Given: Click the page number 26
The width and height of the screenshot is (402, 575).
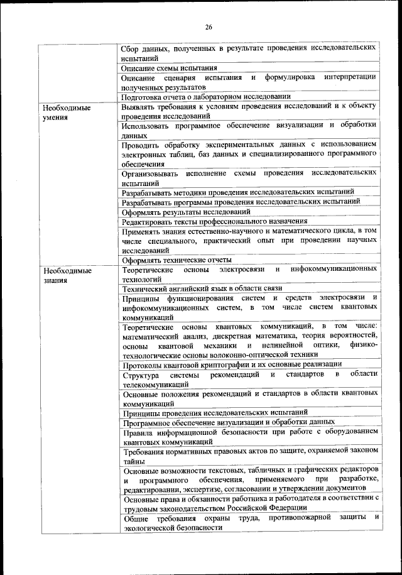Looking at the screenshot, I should pyautogui.click(x=208, y=26).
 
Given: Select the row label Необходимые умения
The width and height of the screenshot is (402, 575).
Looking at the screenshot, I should pyautogui.click(x=65, y=112).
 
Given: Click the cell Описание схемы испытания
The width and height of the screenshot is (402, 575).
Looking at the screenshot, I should pyautogui.click(x=170, y=68).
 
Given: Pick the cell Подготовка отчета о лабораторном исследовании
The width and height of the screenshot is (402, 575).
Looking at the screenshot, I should pyautogui.click(x=206, y=97).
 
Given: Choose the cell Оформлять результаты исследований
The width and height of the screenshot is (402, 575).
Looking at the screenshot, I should pyautogui.click(x=178, y=212).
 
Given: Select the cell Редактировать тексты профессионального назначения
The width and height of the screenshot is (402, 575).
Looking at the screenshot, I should pyautogui.click(x=215, y=221).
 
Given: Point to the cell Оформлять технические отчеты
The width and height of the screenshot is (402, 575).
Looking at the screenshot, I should pyautogui.click(x=177, y=260).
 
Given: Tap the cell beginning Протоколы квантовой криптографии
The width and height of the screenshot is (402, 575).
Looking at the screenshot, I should pyautogui.click(x=232, y=364).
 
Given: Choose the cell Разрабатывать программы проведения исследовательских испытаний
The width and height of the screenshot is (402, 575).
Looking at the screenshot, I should pyautogui.click(x=241, y=202).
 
